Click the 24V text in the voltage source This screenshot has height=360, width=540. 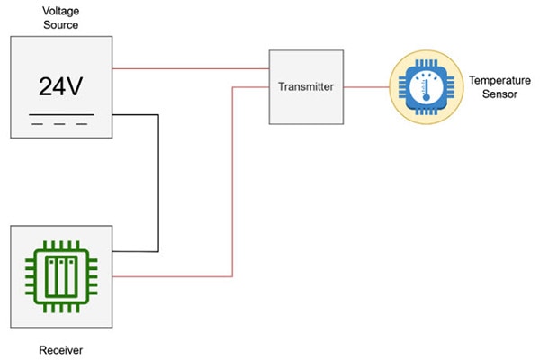[x=61, y=87]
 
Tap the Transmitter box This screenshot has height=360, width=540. [x=306, y=86]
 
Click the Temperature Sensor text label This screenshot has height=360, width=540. [x=493, y=86]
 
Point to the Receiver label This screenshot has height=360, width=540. [x=61, y=347]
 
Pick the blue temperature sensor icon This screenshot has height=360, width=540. [x=423, y=86]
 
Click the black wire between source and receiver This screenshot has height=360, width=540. [x=159, y=180]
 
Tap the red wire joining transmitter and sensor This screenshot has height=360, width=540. [x=365, y=87]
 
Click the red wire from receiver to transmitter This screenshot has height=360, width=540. [x=233, y=180]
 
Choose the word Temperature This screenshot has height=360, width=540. [x=493, y=80]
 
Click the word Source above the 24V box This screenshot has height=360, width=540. [x=61, y=25]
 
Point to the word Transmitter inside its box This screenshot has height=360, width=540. [x=306, y=87]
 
